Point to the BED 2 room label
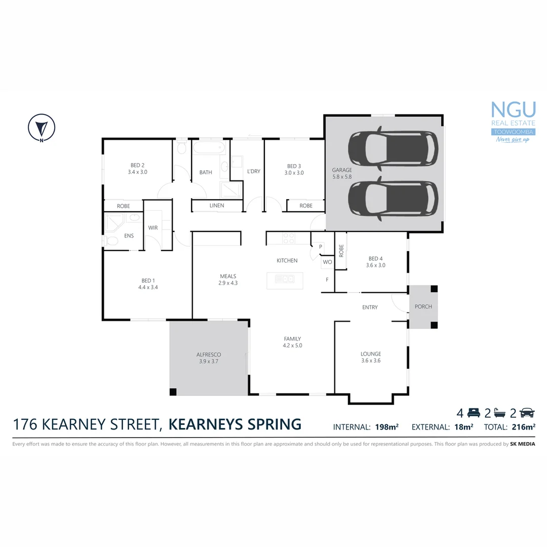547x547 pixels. [138, 165]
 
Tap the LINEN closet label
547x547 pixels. [216, 206]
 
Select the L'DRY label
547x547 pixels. [254, 172]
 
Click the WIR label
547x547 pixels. [153, 228]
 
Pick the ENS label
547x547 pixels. [129, 236]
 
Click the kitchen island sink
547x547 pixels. [285, 279]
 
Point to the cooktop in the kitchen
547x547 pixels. [289, 238]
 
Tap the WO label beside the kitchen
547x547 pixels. [327, 262]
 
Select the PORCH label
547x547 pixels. [423, 307]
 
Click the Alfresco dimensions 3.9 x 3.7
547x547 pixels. [209, 362]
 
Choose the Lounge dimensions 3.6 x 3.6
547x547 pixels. [371, 361]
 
